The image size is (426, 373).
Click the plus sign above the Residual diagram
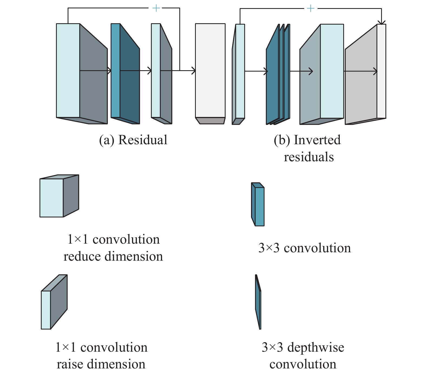156,8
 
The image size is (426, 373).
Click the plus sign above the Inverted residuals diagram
311,8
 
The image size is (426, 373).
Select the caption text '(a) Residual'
133,140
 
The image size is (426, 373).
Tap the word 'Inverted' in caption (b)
317,140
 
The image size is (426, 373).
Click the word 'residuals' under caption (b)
309,157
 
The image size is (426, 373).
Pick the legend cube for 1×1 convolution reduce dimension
59,196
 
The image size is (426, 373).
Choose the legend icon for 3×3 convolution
258,204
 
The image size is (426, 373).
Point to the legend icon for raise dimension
54,302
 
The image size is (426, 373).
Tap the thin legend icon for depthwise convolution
258,302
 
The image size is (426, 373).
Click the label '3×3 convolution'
305,248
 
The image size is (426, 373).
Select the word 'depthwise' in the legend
316,347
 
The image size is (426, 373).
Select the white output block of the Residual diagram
210,71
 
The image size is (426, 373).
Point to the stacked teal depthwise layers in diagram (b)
278,74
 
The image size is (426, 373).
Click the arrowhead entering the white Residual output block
193,71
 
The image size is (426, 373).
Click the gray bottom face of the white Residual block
210,121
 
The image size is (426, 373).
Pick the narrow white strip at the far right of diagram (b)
381,71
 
